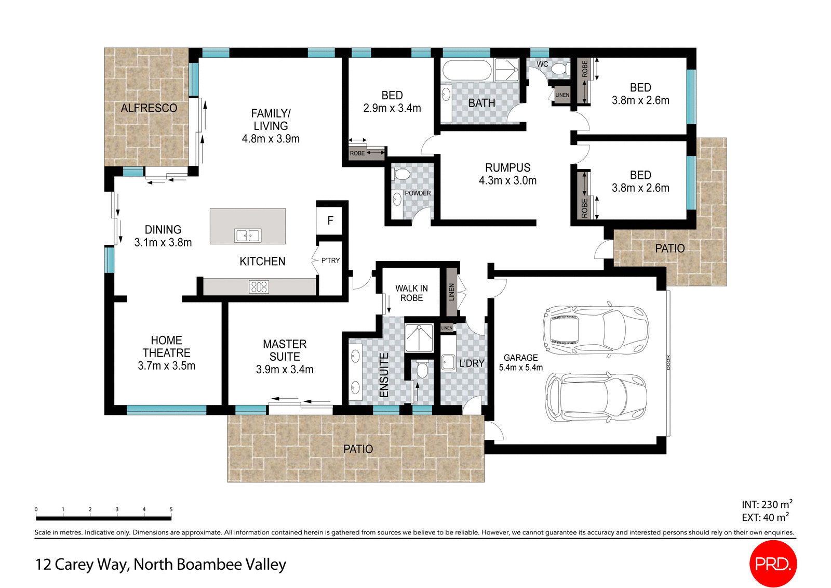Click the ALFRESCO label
pyautogui.click(x=149, y=108)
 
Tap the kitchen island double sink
pyautogui.click(x=248, y=236)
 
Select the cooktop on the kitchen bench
pyautogui.click(x=259, y=287)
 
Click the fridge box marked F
pyautogui.click(x=330, y=221)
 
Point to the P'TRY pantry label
pyautogui.click(x=330, y=260)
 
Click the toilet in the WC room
pyautogui.click(x=559, y=68)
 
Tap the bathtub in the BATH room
pyautogui.click(x=466, y=70)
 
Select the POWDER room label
pyautogui.click(x=418, y=193)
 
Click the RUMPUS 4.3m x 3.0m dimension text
pyautogui.click(x=507, y=180)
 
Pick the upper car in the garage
pyautogui.click(x=595, y=330)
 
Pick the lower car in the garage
pyautogui.click(x=595, y=397)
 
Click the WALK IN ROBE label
pyautogui.click(x=411, y=293)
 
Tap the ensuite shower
pyautogui.click(x=419, y=338)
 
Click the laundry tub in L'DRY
pyautogui.click(x=448, y=362)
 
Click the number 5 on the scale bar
pyautogui.click(x=171, y=509)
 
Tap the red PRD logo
pyautogui.click(x=772, y=564)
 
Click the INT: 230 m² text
pyautogui.click(x=767, y=504)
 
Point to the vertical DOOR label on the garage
pyautogui.click(x=668, y=362)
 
